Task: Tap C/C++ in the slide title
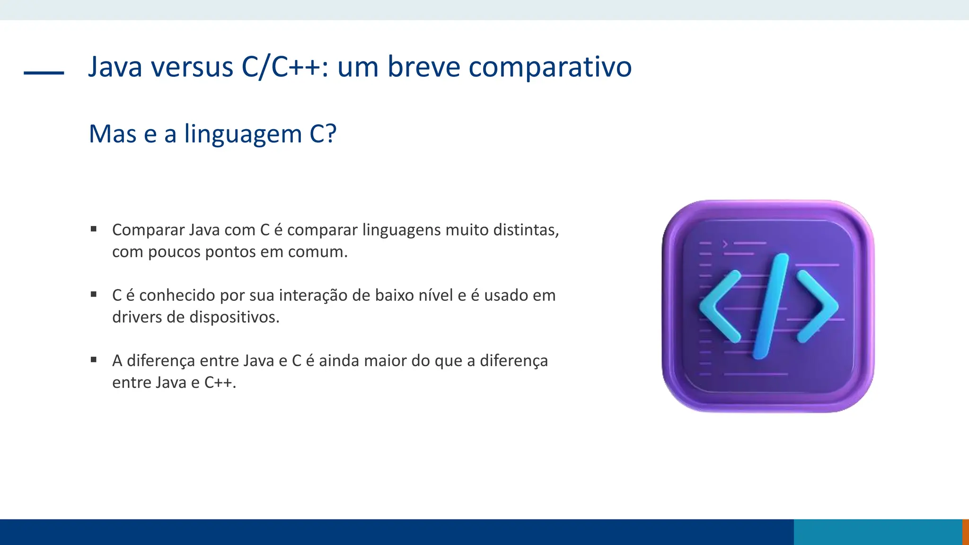(x=280, y=67)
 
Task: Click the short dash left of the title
(x=44, y=73)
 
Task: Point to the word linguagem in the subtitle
(x=243, y=134)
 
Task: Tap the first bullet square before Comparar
(x=94, y=229)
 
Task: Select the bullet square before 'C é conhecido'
(x=94, y=294)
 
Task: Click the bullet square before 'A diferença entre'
(x=94, y=360)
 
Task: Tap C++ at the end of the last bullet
(x=219, y=382)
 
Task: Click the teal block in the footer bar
(x=877, y=532)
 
